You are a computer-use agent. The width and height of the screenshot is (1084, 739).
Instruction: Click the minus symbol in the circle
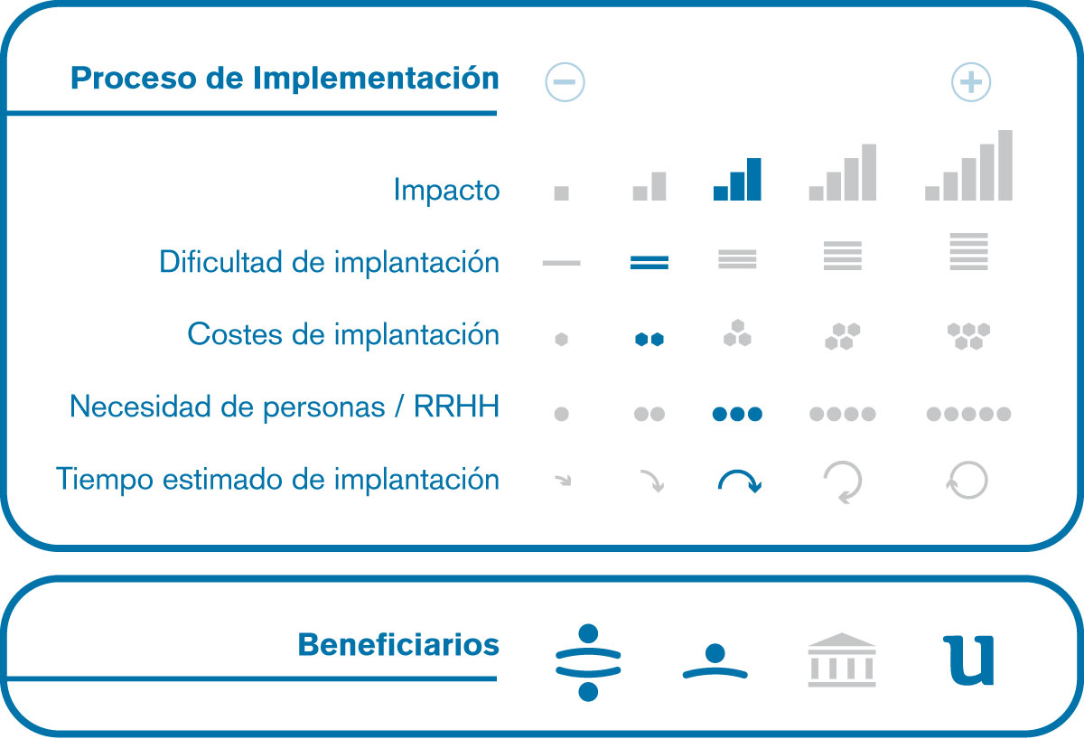click(x=565, y=82)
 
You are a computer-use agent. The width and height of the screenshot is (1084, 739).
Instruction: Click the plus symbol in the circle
click(x=971, y=82)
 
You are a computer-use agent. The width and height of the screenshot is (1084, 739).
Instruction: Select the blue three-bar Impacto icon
click(x=737, y=179)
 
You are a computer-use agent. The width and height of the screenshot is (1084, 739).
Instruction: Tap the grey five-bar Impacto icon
click(x=968, y=165)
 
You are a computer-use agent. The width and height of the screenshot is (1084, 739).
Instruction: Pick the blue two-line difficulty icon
click(x=649, y=262)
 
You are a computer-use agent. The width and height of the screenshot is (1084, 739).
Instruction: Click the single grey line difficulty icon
click(x=561, y=263)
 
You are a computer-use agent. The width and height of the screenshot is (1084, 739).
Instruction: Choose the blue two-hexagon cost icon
click(x=649, y=340)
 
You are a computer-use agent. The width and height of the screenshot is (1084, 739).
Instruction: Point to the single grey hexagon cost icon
click(x=561, y=340)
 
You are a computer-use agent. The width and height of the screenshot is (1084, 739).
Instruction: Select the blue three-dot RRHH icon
click(x=737, y=414)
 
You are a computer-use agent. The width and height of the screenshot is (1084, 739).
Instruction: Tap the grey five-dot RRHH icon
click(x=968, y=414)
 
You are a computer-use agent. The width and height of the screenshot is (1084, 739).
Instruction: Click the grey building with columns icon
click(x=842, y=659)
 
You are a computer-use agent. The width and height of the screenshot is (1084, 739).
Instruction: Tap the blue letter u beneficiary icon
click(x=968, y=661)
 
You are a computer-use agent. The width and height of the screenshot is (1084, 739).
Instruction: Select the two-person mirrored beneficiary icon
click(x=588, y=662)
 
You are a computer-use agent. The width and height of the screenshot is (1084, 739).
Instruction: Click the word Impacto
click(x=446, y=190)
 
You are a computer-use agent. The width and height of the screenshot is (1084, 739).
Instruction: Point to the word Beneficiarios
click(x=398, y=645)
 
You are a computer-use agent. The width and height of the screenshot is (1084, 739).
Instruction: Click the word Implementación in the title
click(x=376, y=78)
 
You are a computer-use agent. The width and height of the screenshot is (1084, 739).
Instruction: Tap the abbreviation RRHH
click(x=456, y=406)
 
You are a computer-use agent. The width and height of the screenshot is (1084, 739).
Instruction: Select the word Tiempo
click(x=105, y=479)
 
